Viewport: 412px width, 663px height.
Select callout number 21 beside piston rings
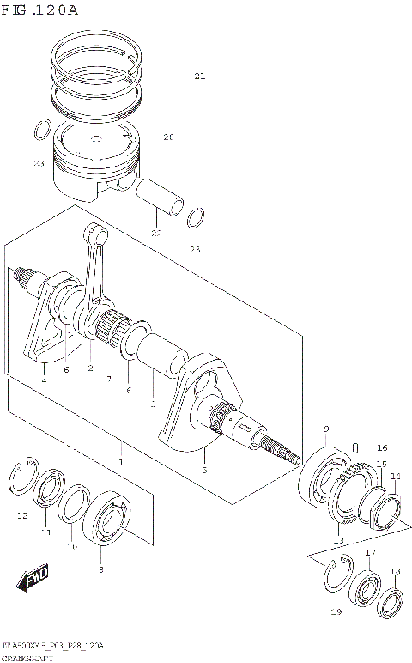199,76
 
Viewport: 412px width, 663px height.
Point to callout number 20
168,137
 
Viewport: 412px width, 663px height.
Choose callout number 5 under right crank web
203,470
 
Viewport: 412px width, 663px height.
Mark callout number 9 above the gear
326,429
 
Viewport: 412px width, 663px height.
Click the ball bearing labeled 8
111,521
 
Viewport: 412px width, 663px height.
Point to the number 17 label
370,552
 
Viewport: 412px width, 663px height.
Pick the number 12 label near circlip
22,515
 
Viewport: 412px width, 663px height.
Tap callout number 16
382,447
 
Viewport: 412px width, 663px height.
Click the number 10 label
72,546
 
